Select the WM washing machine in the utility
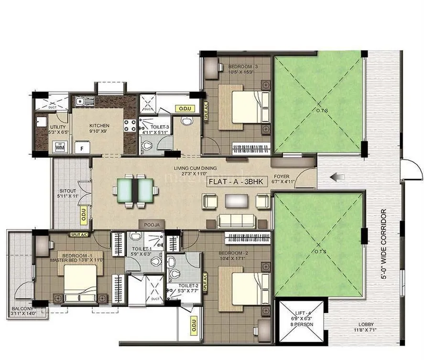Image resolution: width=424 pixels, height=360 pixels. [x=60, y=147]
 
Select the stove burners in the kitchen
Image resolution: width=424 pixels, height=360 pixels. [x=130, y=125]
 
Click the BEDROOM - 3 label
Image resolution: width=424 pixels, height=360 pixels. [x=243, y=66]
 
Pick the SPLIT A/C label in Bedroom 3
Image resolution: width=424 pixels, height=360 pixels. [x=206, y=112]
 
